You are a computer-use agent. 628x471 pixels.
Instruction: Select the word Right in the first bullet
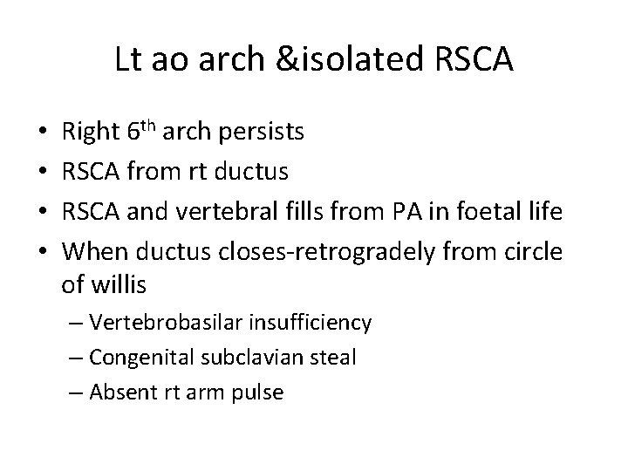[91, 133]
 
